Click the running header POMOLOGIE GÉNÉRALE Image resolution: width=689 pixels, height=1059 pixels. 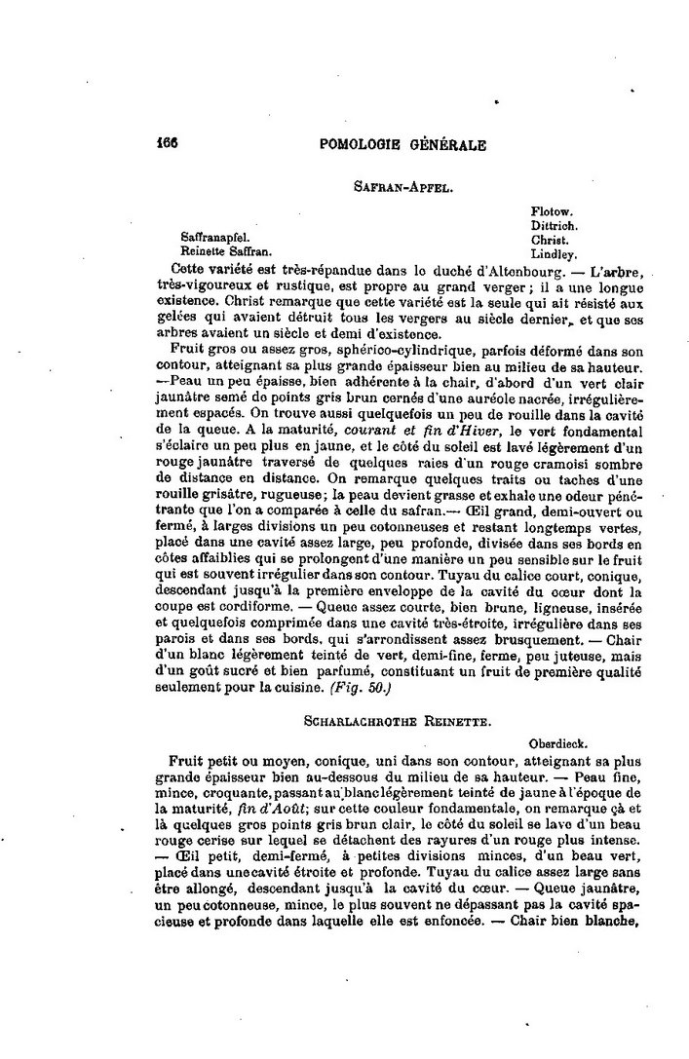click(402, 144)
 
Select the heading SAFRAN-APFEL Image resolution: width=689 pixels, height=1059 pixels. click(402, 183)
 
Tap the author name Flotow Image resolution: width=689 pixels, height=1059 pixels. click(553, 210)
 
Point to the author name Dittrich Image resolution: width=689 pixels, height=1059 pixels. click(555, 224)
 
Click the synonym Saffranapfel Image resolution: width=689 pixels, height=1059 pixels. click(213, 237)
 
